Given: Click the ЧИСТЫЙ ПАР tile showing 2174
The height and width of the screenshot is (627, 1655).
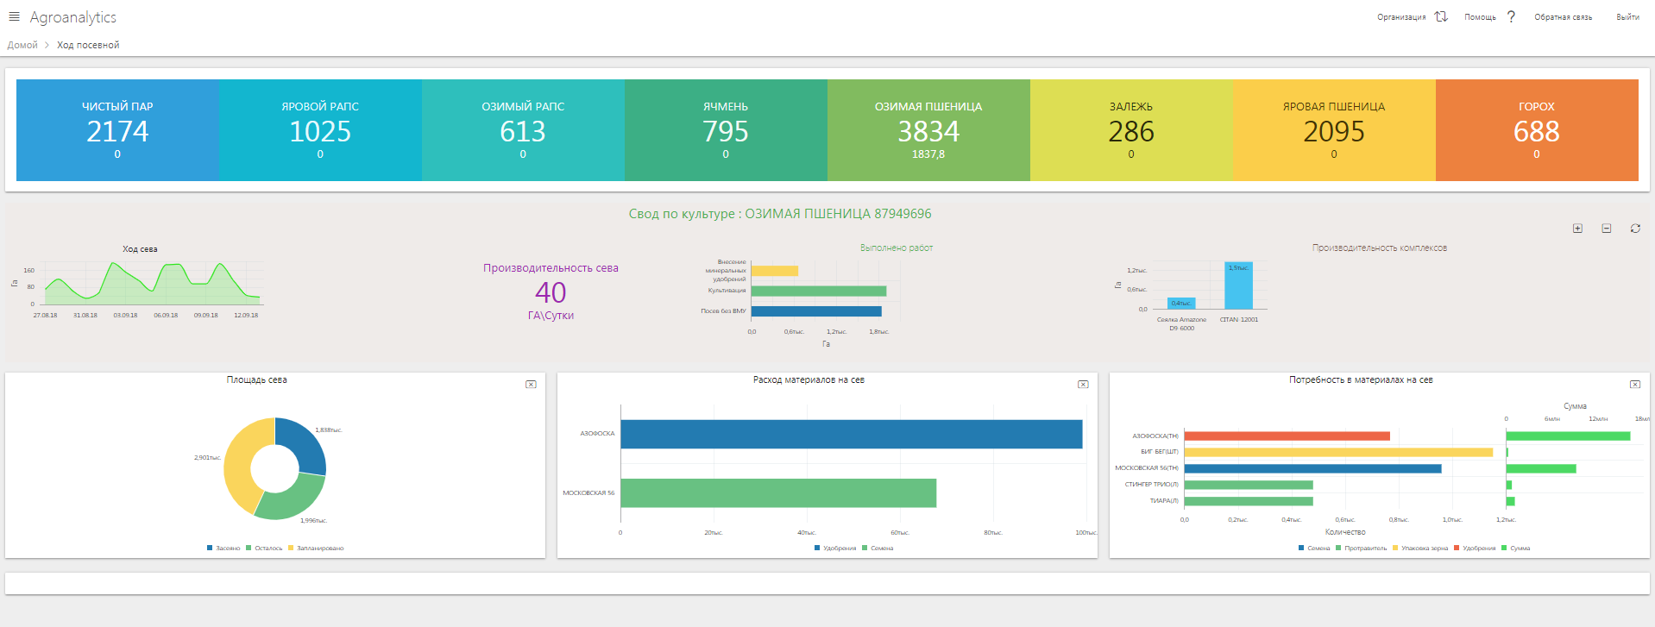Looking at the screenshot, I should [117, 130].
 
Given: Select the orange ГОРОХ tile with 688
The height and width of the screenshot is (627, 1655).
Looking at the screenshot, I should [1536, 130].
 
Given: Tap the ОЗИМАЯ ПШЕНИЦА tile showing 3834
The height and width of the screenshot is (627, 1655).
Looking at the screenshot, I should [928, 130].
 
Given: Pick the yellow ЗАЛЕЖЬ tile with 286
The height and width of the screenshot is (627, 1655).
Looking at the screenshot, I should [1130, 130].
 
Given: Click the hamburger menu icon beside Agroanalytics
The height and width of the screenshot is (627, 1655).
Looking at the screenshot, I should [14, 17].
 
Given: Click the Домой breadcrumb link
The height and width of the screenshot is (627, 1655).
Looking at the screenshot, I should [22, 45].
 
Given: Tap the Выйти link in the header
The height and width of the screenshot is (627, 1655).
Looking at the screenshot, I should [1627, 17].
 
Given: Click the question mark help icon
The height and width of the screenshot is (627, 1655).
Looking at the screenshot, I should [1511, 17].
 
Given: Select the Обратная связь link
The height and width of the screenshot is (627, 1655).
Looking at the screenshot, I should [1563, 17].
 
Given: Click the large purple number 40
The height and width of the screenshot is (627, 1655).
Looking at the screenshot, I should [551, 293].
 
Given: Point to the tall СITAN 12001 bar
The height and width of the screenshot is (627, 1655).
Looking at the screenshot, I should [1238, 286].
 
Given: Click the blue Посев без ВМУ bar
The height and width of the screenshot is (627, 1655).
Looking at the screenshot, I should [816, 311].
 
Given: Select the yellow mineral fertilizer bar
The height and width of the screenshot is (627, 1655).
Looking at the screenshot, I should [775, 271].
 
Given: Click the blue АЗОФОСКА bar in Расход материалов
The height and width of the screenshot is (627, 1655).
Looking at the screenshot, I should [851, 434].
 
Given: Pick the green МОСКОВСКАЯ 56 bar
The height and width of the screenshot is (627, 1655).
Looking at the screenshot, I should [777, 493].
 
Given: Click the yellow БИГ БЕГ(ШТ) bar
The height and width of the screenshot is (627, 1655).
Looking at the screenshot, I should [1337, 452].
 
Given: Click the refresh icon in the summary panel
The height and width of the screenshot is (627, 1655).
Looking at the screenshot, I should [1634, 229].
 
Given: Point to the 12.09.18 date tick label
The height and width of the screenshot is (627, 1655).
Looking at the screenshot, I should [246, 316].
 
